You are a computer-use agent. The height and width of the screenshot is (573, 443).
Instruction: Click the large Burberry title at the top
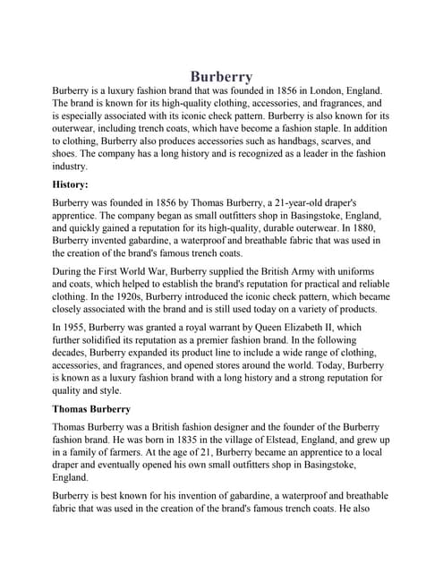coord(221,77)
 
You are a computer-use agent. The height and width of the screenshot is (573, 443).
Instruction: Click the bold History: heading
coord(71,184)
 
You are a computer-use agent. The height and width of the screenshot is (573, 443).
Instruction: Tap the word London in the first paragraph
coord(312,91)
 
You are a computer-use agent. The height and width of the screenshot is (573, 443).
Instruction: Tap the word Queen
coord(279,329)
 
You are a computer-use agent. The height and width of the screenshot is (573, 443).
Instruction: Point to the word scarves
coord(327,141)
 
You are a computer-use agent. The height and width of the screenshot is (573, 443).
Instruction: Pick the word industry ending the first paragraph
coord(71,166)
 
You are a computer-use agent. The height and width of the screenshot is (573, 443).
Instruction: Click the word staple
coord(358,129)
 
